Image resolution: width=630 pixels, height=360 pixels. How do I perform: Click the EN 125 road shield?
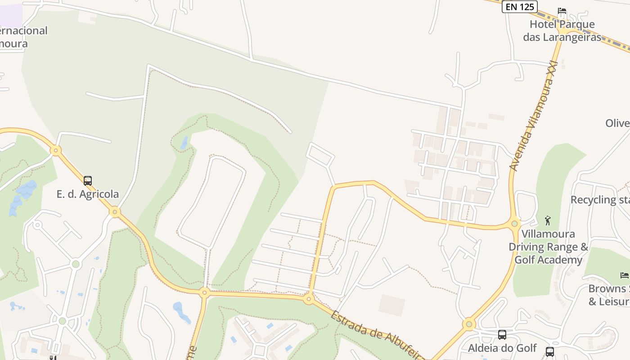click(520, 6)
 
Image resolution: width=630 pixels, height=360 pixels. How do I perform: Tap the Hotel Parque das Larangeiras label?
click(562, 31)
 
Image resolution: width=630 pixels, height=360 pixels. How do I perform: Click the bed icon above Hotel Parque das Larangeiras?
click(562, 11)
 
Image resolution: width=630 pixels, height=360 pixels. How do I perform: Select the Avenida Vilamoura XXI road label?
click(533, 116)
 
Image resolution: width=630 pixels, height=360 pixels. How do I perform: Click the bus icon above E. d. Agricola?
click(88, 181)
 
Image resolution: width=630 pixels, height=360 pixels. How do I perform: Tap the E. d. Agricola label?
click(88, 194)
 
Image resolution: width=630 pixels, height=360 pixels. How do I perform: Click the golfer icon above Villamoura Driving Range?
click(548, 220)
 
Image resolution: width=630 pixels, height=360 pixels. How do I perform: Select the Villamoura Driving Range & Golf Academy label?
click(548, 247)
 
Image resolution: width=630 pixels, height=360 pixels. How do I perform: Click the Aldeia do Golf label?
click(502, 348)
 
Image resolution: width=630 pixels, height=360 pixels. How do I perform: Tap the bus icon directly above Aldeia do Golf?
click(502, 335)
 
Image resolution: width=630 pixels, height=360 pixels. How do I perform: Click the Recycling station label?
click(600, 200)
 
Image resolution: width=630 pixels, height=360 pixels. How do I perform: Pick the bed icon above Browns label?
click(624, 275)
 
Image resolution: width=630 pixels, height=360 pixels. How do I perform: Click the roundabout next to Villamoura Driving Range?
click(515, 223)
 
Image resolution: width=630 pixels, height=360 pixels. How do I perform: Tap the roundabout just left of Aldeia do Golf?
click(469, 324)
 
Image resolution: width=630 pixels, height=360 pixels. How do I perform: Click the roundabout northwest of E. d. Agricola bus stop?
click(56, 150)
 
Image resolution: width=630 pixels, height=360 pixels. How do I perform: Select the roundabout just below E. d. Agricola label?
click(115, 211)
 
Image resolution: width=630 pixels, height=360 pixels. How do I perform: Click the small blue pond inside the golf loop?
click(184, 143)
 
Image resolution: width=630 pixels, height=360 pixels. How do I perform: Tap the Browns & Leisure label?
click(609, 295)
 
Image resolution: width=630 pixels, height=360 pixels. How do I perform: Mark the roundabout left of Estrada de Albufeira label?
click(309, 298)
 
